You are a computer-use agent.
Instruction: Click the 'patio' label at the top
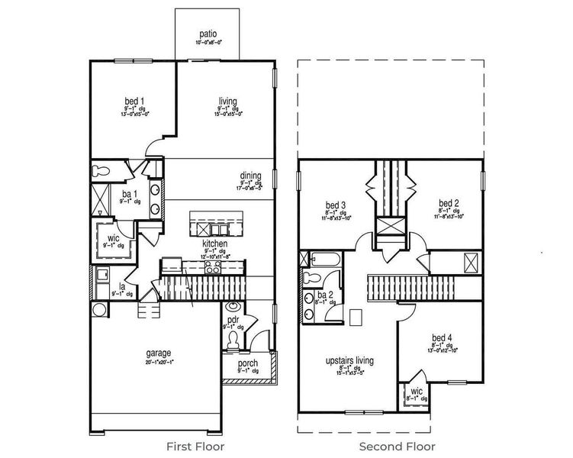[x=209, y=34]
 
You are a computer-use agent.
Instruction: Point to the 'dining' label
[x=251, y=176]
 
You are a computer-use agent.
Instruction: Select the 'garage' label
[x=158, y=353]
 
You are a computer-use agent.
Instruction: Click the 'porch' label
[x=247, y=363]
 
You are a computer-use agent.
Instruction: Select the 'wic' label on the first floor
[x=113, y=238]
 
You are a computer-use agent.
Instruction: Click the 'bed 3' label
[x=336, y=205]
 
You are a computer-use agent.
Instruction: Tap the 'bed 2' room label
[x=448, y=204]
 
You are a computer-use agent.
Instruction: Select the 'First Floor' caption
[x=195, y=446]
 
